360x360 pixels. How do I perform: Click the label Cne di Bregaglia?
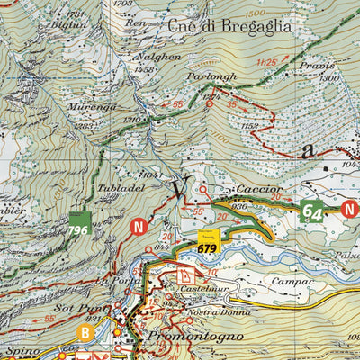coord(229,28)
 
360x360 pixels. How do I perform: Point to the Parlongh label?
coord(212,77)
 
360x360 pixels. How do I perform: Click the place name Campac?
coord(294,282)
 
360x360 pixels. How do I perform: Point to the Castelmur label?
coord(202,289)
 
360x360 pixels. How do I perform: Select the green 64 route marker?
coord(312,212)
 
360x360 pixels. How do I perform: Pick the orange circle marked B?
coord(85,332)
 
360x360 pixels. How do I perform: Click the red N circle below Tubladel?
coord(139,227)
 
